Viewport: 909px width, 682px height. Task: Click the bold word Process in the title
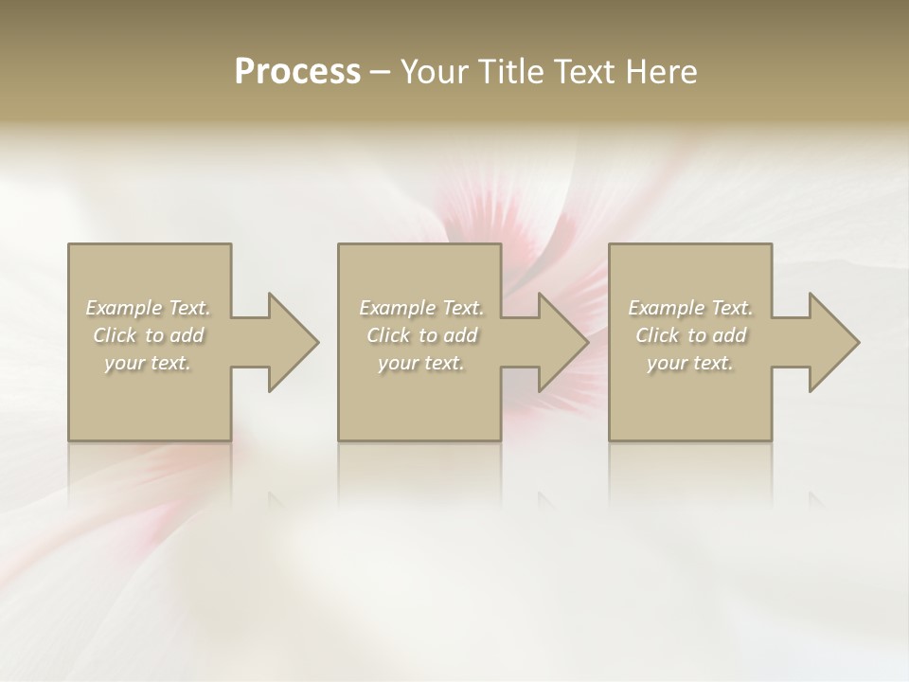(297, 72)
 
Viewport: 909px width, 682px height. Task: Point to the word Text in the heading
(584, 72)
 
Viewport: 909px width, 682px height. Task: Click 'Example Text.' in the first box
(149, 308)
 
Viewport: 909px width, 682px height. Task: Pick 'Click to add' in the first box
(149, 335)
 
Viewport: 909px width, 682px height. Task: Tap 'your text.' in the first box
(149, 363)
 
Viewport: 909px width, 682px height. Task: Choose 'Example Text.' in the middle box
(421, 308)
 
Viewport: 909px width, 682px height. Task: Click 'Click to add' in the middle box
(421, 335)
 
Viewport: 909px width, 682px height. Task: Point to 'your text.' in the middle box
(421, 363)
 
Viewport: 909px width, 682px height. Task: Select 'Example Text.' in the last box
(690, 308)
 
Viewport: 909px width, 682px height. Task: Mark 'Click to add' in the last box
(690, 335)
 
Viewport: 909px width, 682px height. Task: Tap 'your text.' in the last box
(690, 363)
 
